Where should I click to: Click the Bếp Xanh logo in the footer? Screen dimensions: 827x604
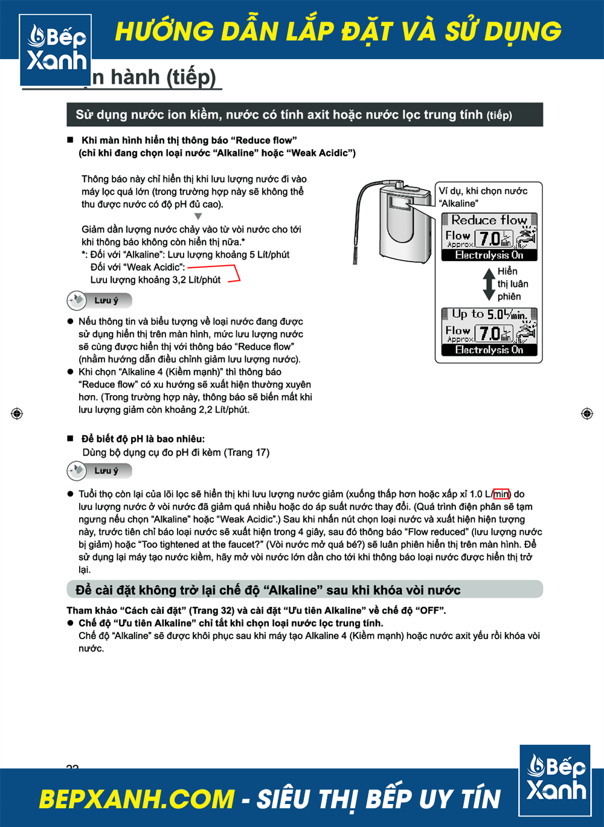(x=555, y=780)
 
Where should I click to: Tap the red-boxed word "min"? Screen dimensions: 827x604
(x=501, y=494)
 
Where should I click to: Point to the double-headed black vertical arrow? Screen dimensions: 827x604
(x=489, y=284)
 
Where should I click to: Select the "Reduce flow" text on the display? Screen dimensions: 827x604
(x=489, y=220)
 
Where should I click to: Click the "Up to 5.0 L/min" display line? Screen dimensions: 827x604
(x=489, y=315)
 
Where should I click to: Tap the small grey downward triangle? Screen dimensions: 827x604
(x=198, y=216)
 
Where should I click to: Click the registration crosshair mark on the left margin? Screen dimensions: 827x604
(x=17, y=414)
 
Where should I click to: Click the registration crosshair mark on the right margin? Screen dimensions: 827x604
(x=586, y=414)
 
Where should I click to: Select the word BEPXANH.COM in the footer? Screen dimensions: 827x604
(x=137, y=799)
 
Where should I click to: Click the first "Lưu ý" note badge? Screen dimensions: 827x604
(x=99, y=300)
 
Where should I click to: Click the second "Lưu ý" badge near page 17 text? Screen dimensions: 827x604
(x=99, y=471)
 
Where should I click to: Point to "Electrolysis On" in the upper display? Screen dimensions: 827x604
(x=489, y=256)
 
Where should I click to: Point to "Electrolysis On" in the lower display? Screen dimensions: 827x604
(x=489, y=350)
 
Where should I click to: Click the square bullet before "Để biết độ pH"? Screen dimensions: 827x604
(x=70, y=439)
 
